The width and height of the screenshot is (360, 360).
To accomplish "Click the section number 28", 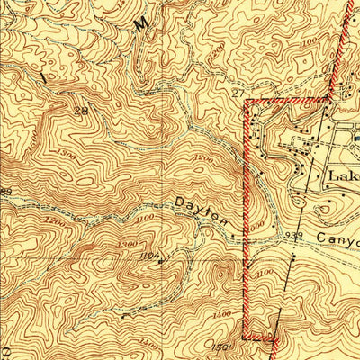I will click(84, 111).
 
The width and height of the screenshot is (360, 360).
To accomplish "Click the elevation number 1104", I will click(149, 256).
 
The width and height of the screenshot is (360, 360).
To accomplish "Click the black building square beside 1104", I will click(160, 263).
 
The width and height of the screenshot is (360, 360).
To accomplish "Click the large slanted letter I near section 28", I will click(45, 78).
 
